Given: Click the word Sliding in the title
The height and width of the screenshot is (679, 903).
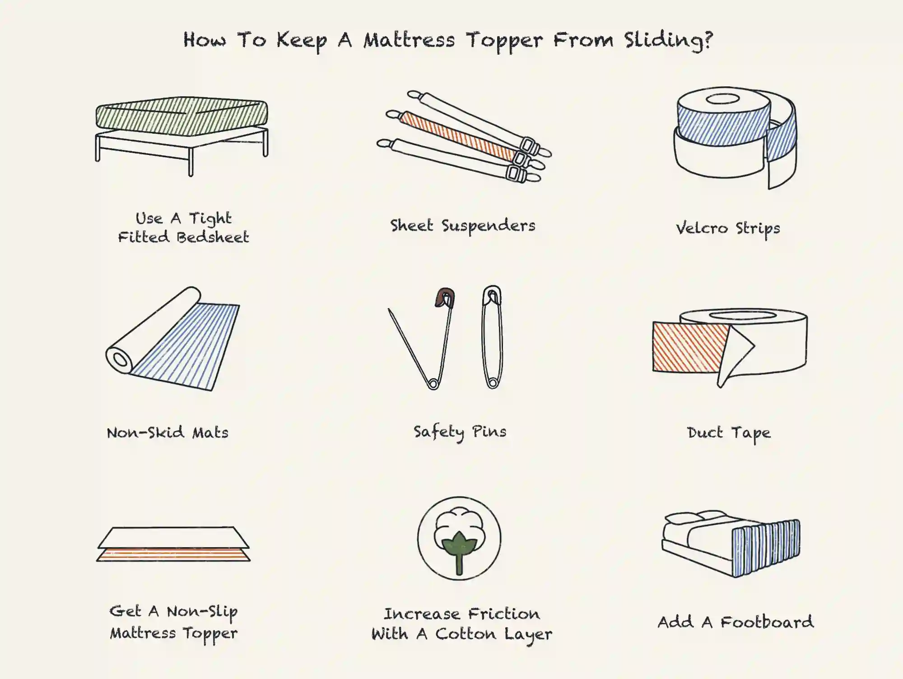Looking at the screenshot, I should pyautogui.click(x=669, y=41).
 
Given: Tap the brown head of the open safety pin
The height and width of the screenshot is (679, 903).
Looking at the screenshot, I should pyautogui.click(x=444, y=297).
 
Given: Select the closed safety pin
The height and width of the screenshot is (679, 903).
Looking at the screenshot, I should pyautogui.click(x=492, y=337).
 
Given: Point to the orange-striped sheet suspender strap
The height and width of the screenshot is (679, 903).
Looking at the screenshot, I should pyautogui.click(x=456, y=134).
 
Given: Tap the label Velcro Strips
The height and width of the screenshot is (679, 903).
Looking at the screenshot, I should pyautogui.click(x=728, y=229).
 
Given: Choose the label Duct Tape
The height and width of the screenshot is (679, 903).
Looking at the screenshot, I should pyautogui.click(x=729, y=433).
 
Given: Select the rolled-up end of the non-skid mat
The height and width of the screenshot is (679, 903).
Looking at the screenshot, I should pyautogui.click(x=120, y=360).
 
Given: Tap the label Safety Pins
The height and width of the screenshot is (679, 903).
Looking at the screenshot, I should pyautogui.click(x=460, y=432).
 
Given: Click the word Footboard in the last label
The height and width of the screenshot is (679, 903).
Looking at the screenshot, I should pyautogui.click(x=766, y=623).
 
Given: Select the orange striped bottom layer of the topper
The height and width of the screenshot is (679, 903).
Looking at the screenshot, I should pyautogui.click(x=173, y=555).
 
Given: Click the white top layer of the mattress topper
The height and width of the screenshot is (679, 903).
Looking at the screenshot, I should pyautogui.click(x=173, y=537).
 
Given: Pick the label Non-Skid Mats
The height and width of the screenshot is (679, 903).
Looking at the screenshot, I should pyautogui.click(x=168, y=433).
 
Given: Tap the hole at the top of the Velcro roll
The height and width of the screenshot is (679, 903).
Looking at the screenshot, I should pyautogui.click(x=722, y=99).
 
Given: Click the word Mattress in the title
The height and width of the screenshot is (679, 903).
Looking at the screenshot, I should pyautogui.click(x=409, y=41).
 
